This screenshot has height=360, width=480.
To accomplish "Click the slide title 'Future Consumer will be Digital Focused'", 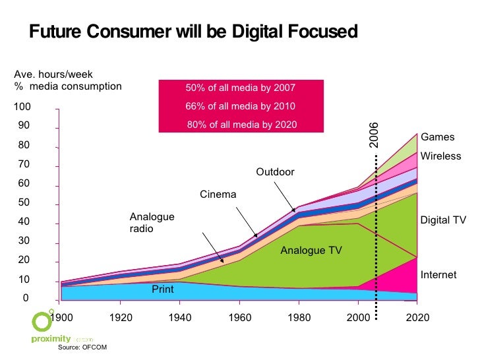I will pos(193,32).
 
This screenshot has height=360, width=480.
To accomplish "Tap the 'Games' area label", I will pos(438,137).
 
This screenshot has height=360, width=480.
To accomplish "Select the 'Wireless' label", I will pos(440,156).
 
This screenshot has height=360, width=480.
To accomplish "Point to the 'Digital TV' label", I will pos(443,220).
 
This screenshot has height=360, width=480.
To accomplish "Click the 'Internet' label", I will pos(438,274).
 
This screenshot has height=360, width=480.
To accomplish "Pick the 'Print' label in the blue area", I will pos(163,289).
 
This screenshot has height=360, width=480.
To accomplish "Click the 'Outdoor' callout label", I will pos(275,172).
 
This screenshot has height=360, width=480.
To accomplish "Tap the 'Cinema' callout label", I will pos(218,195).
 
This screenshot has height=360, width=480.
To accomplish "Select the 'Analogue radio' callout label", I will pos(152,223).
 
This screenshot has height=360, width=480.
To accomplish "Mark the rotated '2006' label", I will pos(373,135).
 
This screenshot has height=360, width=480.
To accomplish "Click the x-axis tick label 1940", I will pos(180,318).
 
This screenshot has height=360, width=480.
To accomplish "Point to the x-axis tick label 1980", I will pos(299,318).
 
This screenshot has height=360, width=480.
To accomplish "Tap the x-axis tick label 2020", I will pos(417,318).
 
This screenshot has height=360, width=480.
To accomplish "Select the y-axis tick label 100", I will pos(22,107).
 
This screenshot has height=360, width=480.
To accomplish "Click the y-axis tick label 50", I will pos(25,202).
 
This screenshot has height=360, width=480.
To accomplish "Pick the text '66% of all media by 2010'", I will pos(240,106).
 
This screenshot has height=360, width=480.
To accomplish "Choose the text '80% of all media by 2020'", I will pos(241,125).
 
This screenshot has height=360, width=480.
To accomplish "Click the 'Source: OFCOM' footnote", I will pos(82,347).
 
